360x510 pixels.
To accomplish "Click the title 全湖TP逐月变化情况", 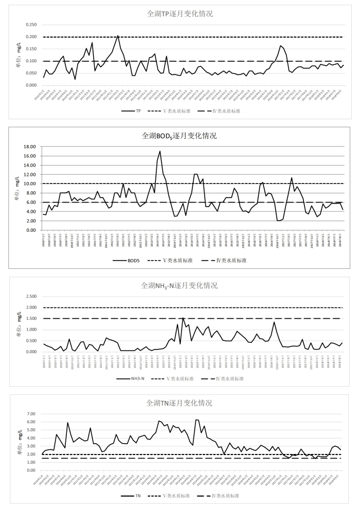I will pos(180,14).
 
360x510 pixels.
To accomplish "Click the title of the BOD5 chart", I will pos(180,136).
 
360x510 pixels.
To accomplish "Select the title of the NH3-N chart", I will pos(180,285).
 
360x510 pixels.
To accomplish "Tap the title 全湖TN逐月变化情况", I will pos(180,403).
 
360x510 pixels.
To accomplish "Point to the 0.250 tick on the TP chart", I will pos(30,25).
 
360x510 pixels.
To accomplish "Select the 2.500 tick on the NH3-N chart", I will pos(30,296).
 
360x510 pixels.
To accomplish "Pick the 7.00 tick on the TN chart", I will pos(31,414).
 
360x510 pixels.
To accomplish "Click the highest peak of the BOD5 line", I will pos(160,151).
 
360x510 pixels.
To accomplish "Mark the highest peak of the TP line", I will pos(118,35).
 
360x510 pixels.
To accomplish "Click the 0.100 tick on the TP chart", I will pos(30,61).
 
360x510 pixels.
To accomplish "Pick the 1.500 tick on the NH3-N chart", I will pos(30,318).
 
